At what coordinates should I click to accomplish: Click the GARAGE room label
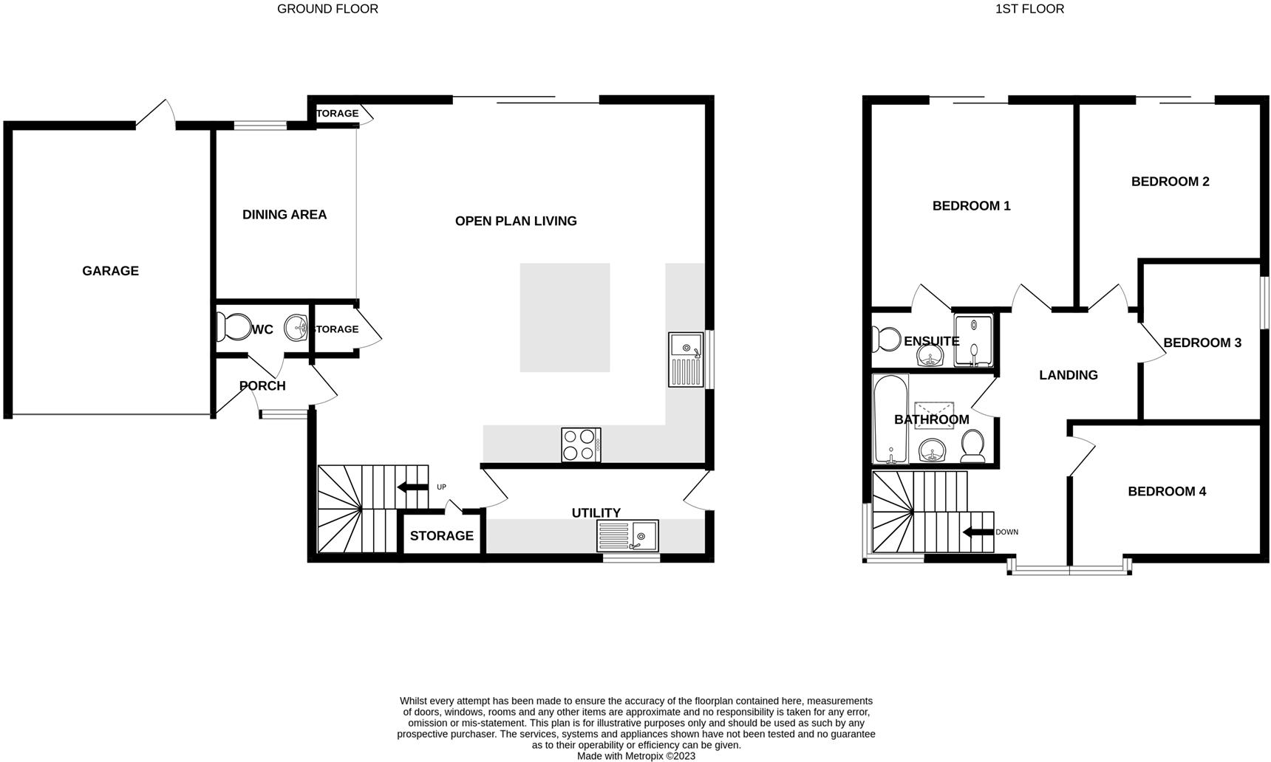[x=110, y=271]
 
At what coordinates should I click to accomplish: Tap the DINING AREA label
[x=284, y=215]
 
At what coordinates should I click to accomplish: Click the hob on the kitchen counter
[x=581, y=445]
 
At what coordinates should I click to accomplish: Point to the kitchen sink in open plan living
[x=686, y=360]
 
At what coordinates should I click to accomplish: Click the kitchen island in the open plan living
[x=565, y=317]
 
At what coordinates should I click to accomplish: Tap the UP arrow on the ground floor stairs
[x=412, y=487]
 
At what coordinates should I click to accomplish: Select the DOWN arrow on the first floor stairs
[x=977, y=532]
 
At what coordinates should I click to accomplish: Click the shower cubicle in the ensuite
[x=973, y=341]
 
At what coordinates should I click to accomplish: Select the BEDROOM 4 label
[x=1167, y=492]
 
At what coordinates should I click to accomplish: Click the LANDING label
[x=1068, y=375]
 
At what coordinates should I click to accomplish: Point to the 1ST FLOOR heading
[x=1029, y=10]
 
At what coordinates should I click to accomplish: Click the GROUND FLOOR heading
[x=327, y=10]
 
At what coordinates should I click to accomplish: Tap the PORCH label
[x=262, y=386]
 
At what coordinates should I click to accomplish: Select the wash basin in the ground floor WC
[x=296, y=327]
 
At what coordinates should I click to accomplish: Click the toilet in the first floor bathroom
[x=972, y=446]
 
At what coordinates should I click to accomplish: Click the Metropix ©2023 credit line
[x=635, y=756]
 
